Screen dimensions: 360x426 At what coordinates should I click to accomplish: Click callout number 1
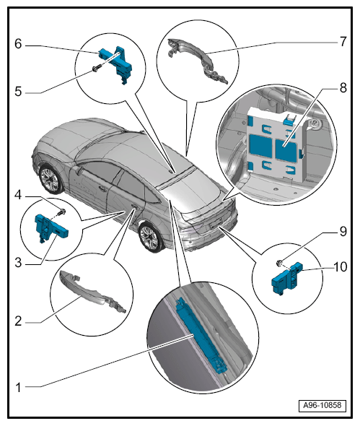(18, 388)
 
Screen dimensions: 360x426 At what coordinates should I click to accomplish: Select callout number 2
(18, 321)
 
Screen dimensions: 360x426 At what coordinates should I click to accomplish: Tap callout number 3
(18, 263)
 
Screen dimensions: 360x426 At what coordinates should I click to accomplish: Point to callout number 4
(18, 195)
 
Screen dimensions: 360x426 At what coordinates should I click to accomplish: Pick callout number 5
(18, 92)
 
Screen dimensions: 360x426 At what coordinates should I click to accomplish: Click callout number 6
(18, 44)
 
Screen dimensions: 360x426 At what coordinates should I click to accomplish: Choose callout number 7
(343, 42)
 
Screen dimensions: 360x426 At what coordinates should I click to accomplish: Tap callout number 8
(343, 88)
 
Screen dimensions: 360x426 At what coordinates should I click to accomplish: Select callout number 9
(343, 232)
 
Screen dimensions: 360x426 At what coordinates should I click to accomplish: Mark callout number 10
(341, 267)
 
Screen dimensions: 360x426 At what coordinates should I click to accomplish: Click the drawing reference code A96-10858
(322, 405)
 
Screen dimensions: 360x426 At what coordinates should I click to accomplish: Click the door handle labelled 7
(198, 61)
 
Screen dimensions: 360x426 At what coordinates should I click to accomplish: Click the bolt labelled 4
(63, 211)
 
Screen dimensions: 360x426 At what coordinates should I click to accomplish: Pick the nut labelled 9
(278, 263)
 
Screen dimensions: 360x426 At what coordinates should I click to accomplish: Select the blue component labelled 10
(286, 279)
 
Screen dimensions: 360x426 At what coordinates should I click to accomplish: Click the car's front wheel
(51, 179)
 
